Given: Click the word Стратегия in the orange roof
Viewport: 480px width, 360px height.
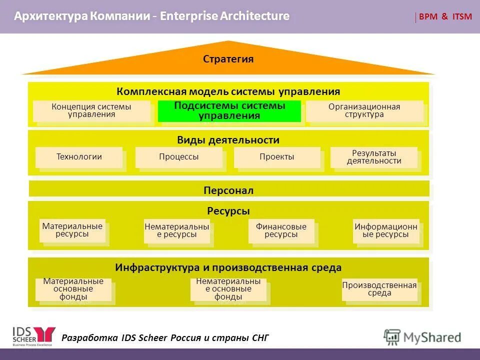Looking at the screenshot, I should tap(228, 59).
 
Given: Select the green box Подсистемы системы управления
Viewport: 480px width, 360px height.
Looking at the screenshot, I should tap(229, 111).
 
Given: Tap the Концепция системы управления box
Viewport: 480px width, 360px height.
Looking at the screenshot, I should tap(91, 111).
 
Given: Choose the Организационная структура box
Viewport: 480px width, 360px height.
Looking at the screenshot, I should tap(364, 111).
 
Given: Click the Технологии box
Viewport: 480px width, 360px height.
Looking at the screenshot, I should tap(79, 157).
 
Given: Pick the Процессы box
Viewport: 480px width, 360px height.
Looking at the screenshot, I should tap(179, 157).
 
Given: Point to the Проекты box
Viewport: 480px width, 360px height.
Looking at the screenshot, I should tap(277, 157).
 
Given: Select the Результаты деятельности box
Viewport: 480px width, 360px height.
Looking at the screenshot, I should tap(374, 157).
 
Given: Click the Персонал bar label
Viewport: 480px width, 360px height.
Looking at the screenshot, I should tap(228, 190).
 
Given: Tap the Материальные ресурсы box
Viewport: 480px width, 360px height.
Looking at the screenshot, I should tap(72, 230).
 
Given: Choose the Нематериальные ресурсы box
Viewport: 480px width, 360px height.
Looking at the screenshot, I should tap(177, 231).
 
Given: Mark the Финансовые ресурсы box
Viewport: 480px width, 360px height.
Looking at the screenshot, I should tap(281, 231).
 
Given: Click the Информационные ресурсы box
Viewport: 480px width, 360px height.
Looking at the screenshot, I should tap(386, 231).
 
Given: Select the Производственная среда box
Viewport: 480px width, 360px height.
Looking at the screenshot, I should tap(379, 289).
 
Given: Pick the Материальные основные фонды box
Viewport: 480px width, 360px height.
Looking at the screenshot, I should tap(73, 289).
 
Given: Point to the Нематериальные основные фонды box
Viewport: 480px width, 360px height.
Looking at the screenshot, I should tap(228, 289).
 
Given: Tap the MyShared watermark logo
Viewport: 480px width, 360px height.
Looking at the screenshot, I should tap(422, 337).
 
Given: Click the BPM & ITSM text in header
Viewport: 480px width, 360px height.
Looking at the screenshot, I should tap(445, 16).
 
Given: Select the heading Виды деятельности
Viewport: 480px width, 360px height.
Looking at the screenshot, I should tap(228, 140).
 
